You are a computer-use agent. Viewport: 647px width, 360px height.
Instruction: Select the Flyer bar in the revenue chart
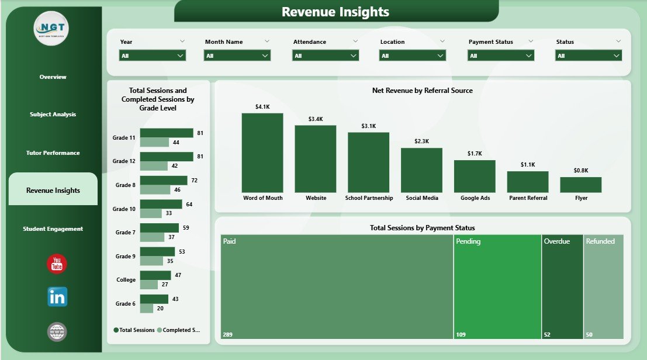point(580,185)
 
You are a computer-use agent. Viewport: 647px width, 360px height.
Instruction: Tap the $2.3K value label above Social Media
point(421,141)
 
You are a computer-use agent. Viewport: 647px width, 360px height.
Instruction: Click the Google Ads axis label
point(475,198)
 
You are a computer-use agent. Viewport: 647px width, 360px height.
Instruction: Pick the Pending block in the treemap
point(497,286)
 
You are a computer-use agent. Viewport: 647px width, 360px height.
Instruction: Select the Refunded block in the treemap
point(604,286)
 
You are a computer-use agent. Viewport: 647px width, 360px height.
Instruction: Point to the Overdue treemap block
point(562,286)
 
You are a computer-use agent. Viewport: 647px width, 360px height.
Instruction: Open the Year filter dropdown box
point(153,56)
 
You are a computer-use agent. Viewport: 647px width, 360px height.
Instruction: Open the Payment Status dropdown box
point(501,56)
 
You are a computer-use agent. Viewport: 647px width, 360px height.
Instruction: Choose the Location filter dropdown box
point(413,56)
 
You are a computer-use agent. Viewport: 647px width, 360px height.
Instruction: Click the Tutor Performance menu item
point(53,153)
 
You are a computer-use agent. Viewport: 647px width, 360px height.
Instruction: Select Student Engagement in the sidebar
point(53,229)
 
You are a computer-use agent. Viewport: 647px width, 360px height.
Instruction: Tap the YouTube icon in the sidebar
point(57,264)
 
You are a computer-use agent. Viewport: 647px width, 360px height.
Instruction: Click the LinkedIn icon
point(57,297)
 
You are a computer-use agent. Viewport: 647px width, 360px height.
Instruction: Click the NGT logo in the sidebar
point(51,27)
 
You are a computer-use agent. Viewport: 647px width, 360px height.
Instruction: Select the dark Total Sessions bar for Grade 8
point(164,181)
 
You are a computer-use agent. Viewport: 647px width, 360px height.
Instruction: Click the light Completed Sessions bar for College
point(149,285)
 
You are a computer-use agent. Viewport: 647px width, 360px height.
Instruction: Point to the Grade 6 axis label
point(125,304)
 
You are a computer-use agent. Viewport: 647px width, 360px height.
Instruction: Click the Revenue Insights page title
point(335,12)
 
